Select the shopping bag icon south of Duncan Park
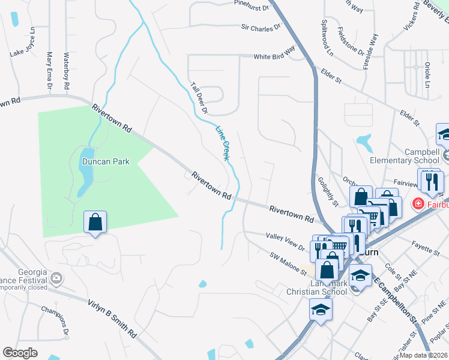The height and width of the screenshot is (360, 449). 95,223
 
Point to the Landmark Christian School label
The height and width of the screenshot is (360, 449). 318,287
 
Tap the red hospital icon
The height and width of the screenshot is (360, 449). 417,205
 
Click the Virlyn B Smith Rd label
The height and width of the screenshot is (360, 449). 112,317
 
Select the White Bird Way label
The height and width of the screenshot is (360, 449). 274,56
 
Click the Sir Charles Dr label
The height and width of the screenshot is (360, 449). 261,27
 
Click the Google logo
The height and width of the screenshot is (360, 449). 20,352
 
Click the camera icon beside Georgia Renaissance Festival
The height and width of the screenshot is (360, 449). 56,278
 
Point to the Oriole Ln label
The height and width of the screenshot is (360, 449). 427,71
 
